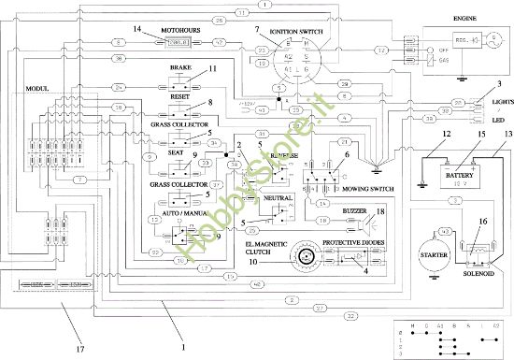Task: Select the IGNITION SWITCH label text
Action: point(298,31)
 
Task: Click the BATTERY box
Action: point(460,176)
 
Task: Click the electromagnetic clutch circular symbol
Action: point(303,256)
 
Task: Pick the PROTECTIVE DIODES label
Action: point(354,241)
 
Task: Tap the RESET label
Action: point(179,95)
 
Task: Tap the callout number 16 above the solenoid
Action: point(482,222)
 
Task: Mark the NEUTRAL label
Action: point(278,199)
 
